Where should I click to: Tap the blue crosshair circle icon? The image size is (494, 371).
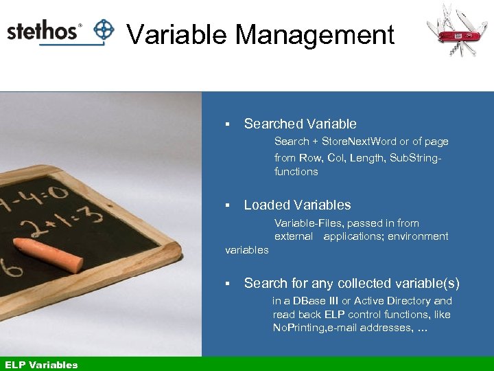(x=104, y=30)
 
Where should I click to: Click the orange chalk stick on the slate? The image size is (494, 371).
(x=49, y=254)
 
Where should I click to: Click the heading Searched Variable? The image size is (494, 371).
(x=300, y=124)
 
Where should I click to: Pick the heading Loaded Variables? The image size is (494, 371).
(x=297, y=205)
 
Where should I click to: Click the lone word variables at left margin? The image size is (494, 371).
(x=247, y=250)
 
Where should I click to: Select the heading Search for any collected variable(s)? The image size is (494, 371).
(x=351, y=283)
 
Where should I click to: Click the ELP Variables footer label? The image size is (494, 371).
(x=41, y=365)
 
